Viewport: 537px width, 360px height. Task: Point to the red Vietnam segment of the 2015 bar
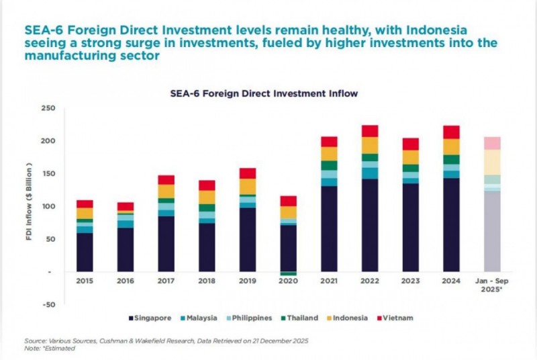(x=85, y=204)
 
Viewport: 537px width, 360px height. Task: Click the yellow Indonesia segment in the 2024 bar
(x=452, y=146)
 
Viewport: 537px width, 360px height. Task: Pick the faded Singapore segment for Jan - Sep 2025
(x=492, y=232)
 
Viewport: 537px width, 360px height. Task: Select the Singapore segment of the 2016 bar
(x=126, y=250)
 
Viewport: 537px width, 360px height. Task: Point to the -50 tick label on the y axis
(x=48, y=304)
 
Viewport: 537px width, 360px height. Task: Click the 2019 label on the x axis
(x=248, y=281)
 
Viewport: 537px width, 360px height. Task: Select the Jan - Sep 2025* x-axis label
(x=492, y=285)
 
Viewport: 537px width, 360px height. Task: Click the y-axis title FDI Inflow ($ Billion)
(x=30, y=206)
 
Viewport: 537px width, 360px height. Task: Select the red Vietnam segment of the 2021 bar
(x=329, y=141)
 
